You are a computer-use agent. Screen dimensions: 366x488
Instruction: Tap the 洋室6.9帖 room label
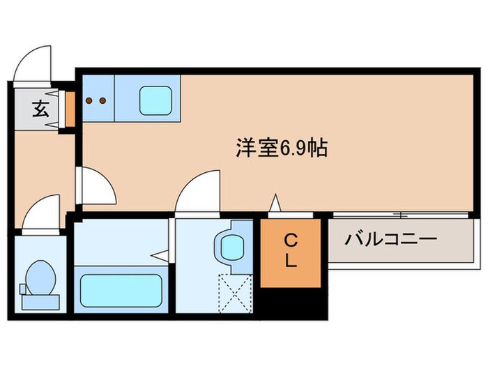(282, 148)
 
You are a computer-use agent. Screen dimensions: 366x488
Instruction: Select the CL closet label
(291, 252)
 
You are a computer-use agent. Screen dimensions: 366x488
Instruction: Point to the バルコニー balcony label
(391, 241)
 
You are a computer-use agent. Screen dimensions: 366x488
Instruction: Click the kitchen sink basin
(155, 101)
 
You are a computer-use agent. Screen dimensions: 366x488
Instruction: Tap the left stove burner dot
(90, 100)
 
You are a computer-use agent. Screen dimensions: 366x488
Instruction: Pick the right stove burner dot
(103, 100)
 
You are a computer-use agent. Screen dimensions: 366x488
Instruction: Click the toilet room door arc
(40, 211)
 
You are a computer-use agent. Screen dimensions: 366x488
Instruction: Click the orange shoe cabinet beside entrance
(70, 109)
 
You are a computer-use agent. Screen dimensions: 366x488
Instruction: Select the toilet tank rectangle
(40, 300)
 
